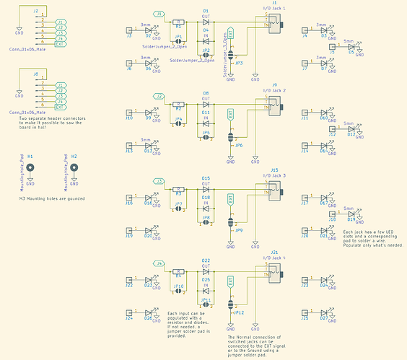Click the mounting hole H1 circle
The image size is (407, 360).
coord(30,166)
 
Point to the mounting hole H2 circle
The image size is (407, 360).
coord(74,166)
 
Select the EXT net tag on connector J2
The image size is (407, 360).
coord(60,44)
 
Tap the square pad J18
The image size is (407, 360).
coord(332,214)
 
